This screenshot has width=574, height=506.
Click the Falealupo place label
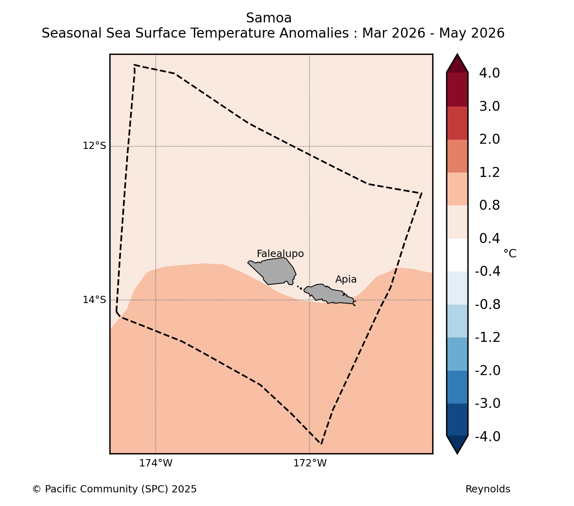[280, 254]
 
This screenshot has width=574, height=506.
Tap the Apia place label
[346, 279]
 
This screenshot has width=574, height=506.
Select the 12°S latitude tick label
[94, 146]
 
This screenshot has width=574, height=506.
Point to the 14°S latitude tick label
[94, 299]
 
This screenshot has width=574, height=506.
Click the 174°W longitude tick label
[155, 463]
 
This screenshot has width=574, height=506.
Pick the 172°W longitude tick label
[310, 463]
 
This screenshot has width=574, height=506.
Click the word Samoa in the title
[269, 18]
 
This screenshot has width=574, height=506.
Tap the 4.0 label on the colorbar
[489, 73]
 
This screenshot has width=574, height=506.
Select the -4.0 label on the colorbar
[487, 436]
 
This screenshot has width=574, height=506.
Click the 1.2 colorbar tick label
[489, 173]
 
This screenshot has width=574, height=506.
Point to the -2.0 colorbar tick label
[487, 370]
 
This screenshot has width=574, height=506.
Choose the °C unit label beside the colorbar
[510, 254]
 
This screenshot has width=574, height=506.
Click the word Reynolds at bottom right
[487, 489]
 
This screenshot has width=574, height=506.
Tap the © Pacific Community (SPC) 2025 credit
[115, 489]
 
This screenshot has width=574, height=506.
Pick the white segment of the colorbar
[457, 255]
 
